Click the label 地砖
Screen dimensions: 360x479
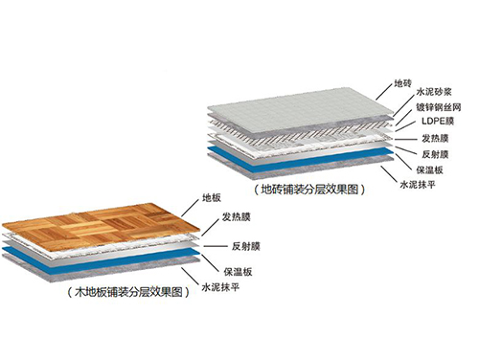pyautogui.click(x=403, y=84)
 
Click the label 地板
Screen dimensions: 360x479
pyautogui.click(x=212, y=199)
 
